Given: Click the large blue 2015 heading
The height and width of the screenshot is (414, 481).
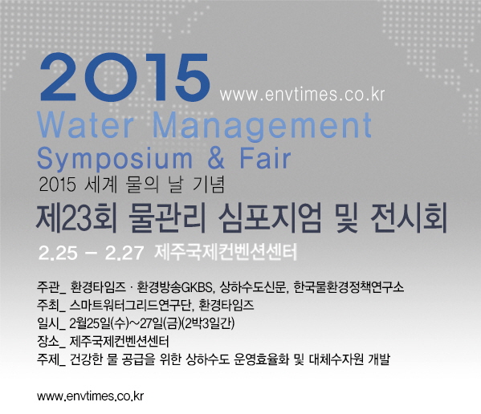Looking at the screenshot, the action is pos(124,77).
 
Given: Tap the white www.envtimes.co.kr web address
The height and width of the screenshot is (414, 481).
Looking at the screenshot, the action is pos(302,95).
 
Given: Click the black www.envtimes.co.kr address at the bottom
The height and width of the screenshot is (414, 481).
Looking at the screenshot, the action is pos(90,396).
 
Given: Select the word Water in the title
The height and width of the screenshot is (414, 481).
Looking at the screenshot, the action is pos(86,125).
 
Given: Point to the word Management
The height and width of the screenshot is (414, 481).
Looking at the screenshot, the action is pos(263,127).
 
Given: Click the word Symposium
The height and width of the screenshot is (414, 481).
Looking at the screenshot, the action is pos(114,160).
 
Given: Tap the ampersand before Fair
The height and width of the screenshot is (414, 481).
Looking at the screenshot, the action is pos(216,158).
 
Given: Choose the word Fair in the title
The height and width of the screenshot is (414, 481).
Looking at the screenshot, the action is pos(265,158).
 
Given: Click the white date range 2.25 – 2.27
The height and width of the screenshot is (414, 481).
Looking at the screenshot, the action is pos(91,253).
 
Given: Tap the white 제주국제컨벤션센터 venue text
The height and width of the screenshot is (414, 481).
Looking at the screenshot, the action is pos(226,253).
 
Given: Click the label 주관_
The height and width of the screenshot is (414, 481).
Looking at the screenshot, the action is pos(51,287).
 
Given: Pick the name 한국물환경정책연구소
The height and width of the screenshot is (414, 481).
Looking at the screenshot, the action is pos(349,287).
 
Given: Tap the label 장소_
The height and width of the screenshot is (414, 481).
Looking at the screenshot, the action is pos(51,341).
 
